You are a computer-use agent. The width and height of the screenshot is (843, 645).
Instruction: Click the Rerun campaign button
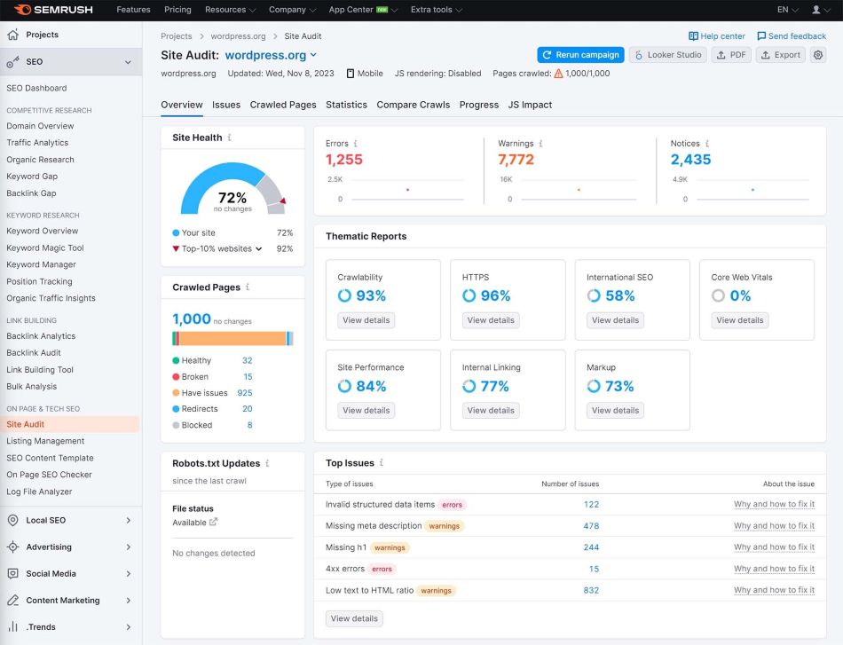pos(580,55)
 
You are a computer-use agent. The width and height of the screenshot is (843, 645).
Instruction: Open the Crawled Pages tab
pos(283,105)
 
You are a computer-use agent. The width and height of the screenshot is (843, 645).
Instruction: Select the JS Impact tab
pos(530,105)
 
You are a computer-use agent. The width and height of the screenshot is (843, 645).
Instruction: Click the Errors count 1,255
pos(344,160)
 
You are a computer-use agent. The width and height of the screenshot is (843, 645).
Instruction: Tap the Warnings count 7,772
pos(516,160)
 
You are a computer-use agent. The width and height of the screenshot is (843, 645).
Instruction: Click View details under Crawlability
pos(366,320)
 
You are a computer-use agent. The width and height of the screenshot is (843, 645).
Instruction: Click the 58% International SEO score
pos(619,295)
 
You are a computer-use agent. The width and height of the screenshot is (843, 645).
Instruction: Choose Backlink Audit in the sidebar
pos(34,353)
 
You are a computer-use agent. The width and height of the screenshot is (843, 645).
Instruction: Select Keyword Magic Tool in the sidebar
pos(45,248)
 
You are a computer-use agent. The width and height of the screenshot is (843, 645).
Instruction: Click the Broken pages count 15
pos(248,377)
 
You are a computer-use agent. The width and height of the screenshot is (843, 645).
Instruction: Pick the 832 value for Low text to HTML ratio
pos(591,590)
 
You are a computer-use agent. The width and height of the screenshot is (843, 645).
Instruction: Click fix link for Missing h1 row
pos(774,547)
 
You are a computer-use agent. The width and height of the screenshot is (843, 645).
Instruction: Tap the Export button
pos(780,55)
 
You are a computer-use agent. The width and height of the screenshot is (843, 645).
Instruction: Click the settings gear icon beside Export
pos(818,55)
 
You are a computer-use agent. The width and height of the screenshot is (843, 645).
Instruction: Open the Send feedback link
pos(792,36)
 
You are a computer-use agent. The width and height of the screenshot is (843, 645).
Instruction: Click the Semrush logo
pos(53,10)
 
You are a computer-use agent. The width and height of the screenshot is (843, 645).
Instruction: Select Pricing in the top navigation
pos(177,10)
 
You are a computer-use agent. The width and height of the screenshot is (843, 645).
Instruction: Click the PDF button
pos(731,55)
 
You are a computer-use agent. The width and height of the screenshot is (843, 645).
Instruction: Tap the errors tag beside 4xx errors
pos(382,569)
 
